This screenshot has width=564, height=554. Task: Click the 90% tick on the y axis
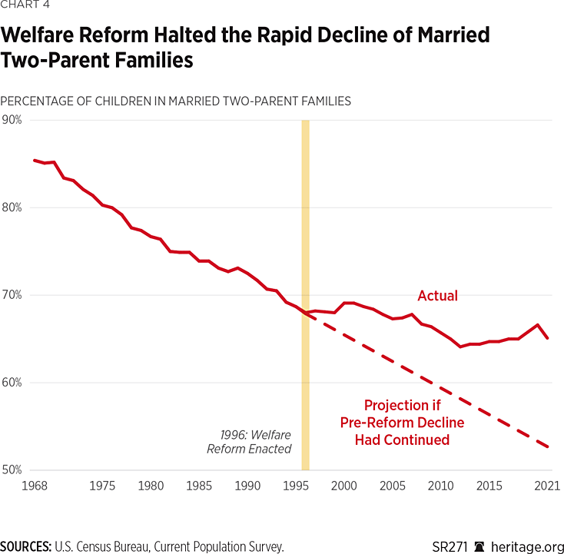point(12,120)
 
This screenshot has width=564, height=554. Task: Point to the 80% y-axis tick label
point(12,207)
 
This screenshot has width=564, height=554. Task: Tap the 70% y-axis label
point(12,295)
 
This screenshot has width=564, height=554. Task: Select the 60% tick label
point(12,383)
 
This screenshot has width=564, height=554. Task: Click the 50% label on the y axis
point(12,469)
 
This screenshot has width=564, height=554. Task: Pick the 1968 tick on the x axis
point(34,486)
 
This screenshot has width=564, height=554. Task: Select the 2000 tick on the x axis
point(343,486)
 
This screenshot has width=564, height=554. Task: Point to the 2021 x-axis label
point(546,486)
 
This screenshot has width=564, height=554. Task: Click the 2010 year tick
point(440,486)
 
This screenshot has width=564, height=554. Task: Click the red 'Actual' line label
point(437,296)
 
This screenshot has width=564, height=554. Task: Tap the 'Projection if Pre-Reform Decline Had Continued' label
point(402,422)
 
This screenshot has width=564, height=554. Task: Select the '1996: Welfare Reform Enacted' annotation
point(249,442)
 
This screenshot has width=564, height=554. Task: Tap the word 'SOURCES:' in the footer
point(26,546)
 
